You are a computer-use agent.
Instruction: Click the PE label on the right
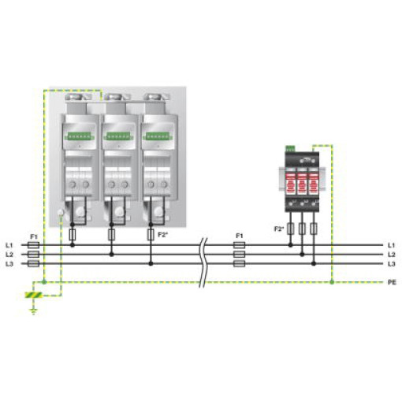pos(392,282)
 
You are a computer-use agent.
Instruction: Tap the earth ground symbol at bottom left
pos(34,311)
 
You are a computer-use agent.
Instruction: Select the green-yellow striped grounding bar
pos(34,295)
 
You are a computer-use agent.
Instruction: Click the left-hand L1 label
pos(9,245)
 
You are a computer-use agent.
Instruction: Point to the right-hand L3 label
pos(392,264)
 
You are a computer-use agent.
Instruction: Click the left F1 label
pos(34,236)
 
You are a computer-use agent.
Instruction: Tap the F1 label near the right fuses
pos(240,236)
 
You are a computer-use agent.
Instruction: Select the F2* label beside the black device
pos(279,229)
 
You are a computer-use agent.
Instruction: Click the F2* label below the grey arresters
pos(162,235)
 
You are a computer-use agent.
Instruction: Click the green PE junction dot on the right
pos(332,282)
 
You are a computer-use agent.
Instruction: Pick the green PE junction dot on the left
pos(44,282)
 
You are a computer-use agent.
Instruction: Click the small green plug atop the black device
pos(290,149)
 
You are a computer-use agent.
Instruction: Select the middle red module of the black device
pos(302,183)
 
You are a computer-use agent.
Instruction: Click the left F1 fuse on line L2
pos(33,255)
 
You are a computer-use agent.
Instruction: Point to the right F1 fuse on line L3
pos(240,263)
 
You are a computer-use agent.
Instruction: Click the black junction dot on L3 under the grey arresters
pos(151,263)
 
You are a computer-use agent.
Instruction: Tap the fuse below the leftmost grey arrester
pos(73,235)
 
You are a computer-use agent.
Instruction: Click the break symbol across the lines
pos(204,262)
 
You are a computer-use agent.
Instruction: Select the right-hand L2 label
pos(392,255)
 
